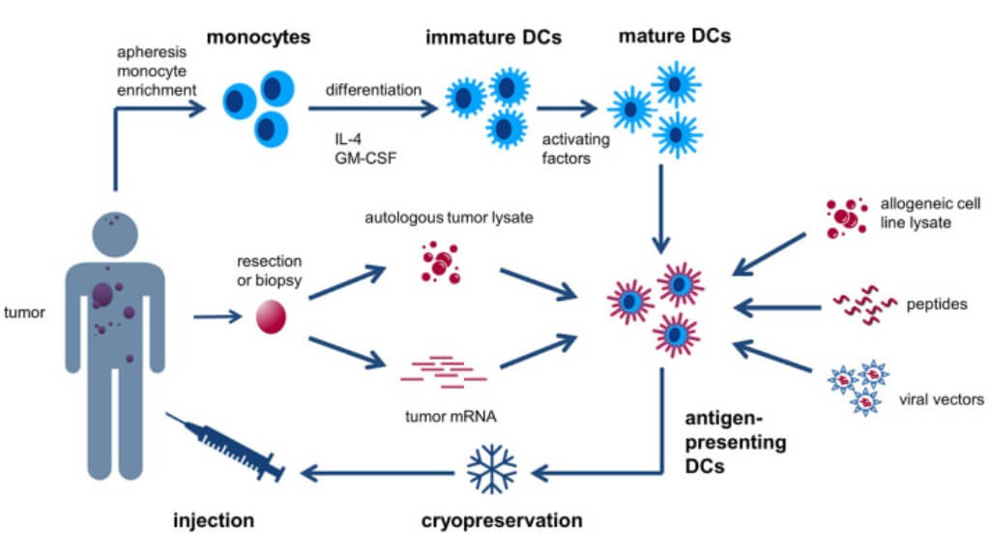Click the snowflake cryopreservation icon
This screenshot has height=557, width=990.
492,468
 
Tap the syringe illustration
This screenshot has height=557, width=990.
225,448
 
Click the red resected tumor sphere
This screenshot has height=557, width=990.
271,316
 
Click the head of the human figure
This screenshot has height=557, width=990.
115,233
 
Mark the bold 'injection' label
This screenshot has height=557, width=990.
216,521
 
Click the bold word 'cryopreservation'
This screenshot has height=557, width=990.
502,521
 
